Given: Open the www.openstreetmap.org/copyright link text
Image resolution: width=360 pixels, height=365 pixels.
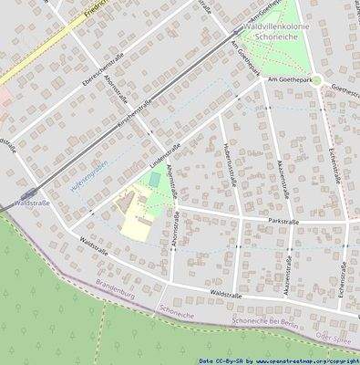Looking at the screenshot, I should pos(300,360).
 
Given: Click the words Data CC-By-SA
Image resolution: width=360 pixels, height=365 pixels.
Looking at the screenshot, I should pos(221,360).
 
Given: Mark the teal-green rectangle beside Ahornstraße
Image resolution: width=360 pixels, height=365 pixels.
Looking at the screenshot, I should pos(156,180).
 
